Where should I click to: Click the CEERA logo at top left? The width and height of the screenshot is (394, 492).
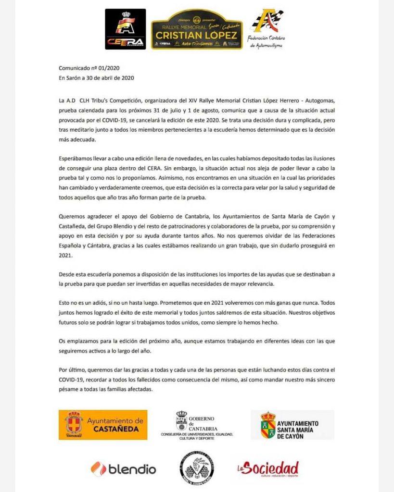(126, 29)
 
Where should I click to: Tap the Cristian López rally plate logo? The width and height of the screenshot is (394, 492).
(197, 29)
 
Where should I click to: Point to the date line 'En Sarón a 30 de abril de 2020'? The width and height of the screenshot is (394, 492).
(96, 78)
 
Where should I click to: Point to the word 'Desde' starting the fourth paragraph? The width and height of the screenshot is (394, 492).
(67, 274)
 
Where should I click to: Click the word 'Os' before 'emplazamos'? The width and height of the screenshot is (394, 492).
(63, 341)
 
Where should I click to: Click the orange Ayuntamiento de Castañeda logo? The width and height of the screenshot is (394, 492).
(103, 425)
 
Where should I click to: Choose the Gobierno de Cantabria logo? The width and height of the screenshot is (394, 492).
(197, 425)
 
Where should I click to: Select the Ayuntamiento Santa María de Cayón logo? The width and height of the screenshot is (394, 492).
(292, 425)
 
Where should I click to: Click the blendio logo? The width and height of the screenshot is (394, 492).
(123, 469)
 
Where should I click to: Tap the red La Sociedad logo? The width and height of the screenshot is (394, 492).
(267, 469)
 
